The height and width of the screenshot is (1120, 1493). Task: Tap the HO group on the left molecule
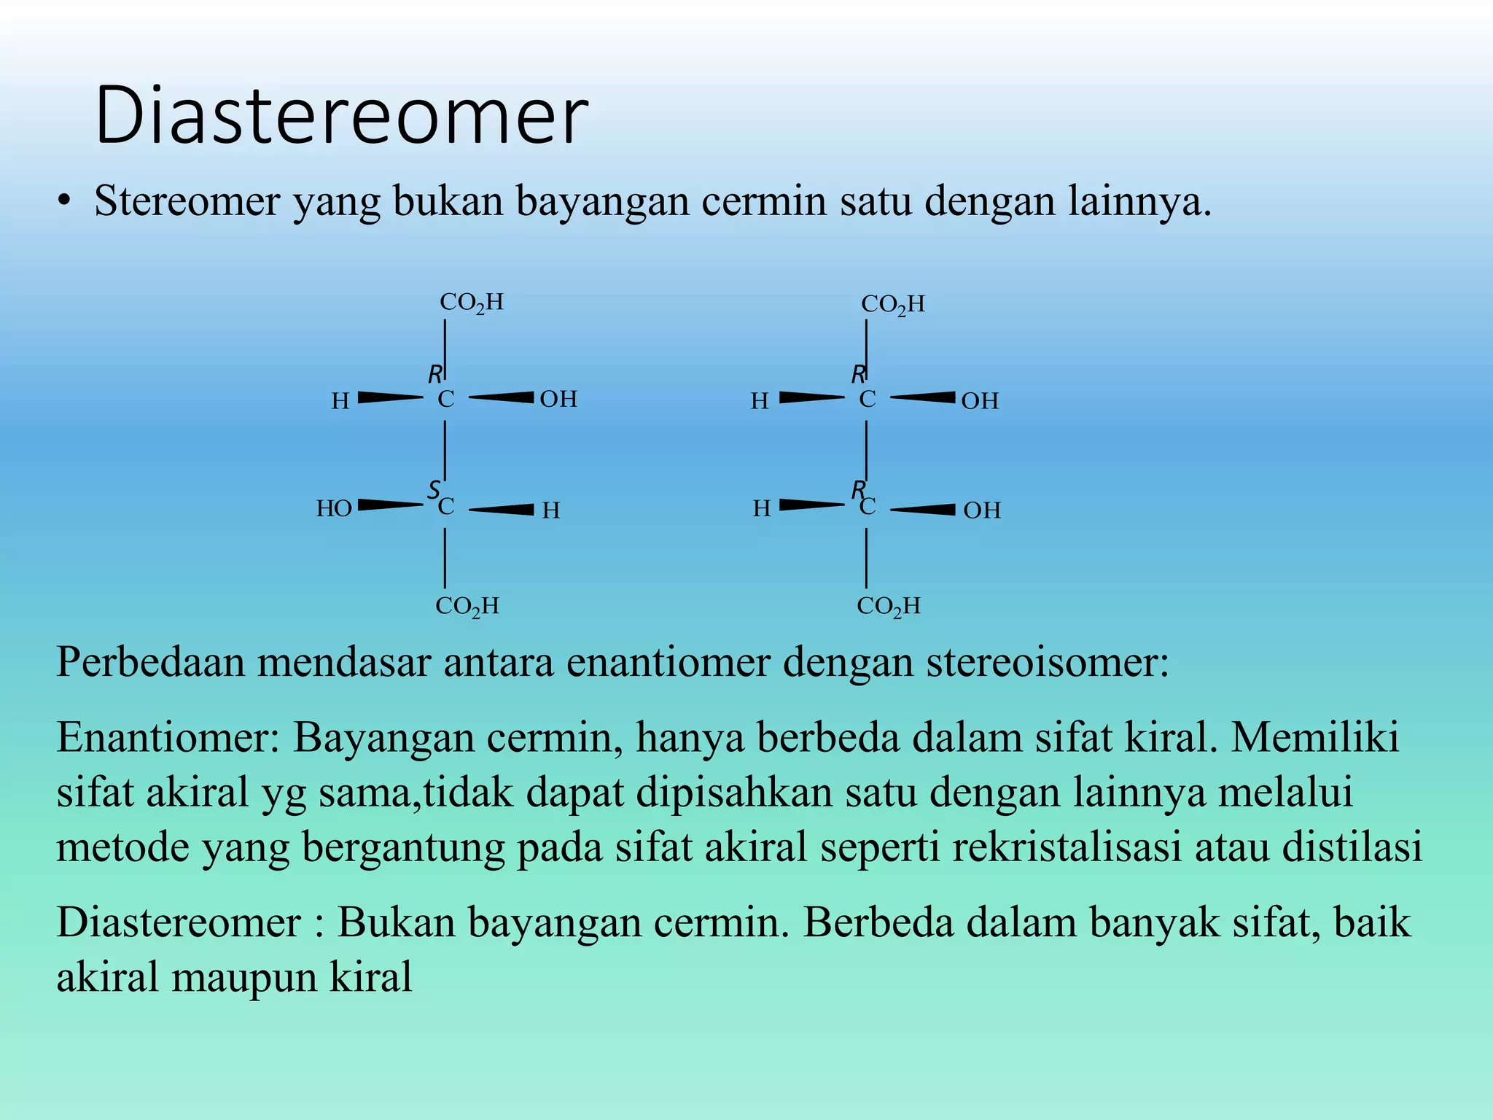(x=334, y=508)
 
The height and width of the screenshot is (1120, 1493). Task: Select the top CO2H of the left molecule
(x=472, y=303)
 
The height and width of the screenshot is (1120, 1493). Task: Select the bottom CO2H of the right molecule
(x=889, y=607)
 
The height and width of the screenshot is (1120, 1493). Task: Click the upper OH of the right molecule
(x=979, y=400)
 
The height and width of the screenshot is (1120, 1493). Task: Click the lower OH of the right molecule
(x=981, y=510)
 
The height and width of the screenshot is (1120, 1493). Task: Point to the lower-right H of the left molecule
(x=551, y=510)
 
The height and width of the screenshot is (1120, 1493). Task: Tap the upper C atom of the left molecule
(x=445, y=400)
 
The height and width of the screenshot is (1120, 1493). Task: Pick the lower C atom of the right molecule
(x=867, y=507)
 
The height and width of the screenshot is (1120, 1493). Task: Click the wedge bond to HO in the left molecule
(x=390, y=505)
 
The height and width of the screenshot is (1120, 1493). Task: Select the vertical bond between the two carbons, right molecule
(x=866, y=451)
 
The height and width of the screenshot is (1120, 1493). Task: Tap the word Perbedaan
(x=150, y=662)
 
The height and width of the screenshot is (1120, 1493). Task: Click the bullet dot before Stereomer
(x=65, y=202)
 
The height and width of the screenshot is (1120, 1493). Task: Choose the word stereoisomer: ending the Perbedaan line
(x=1047, y=662)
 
